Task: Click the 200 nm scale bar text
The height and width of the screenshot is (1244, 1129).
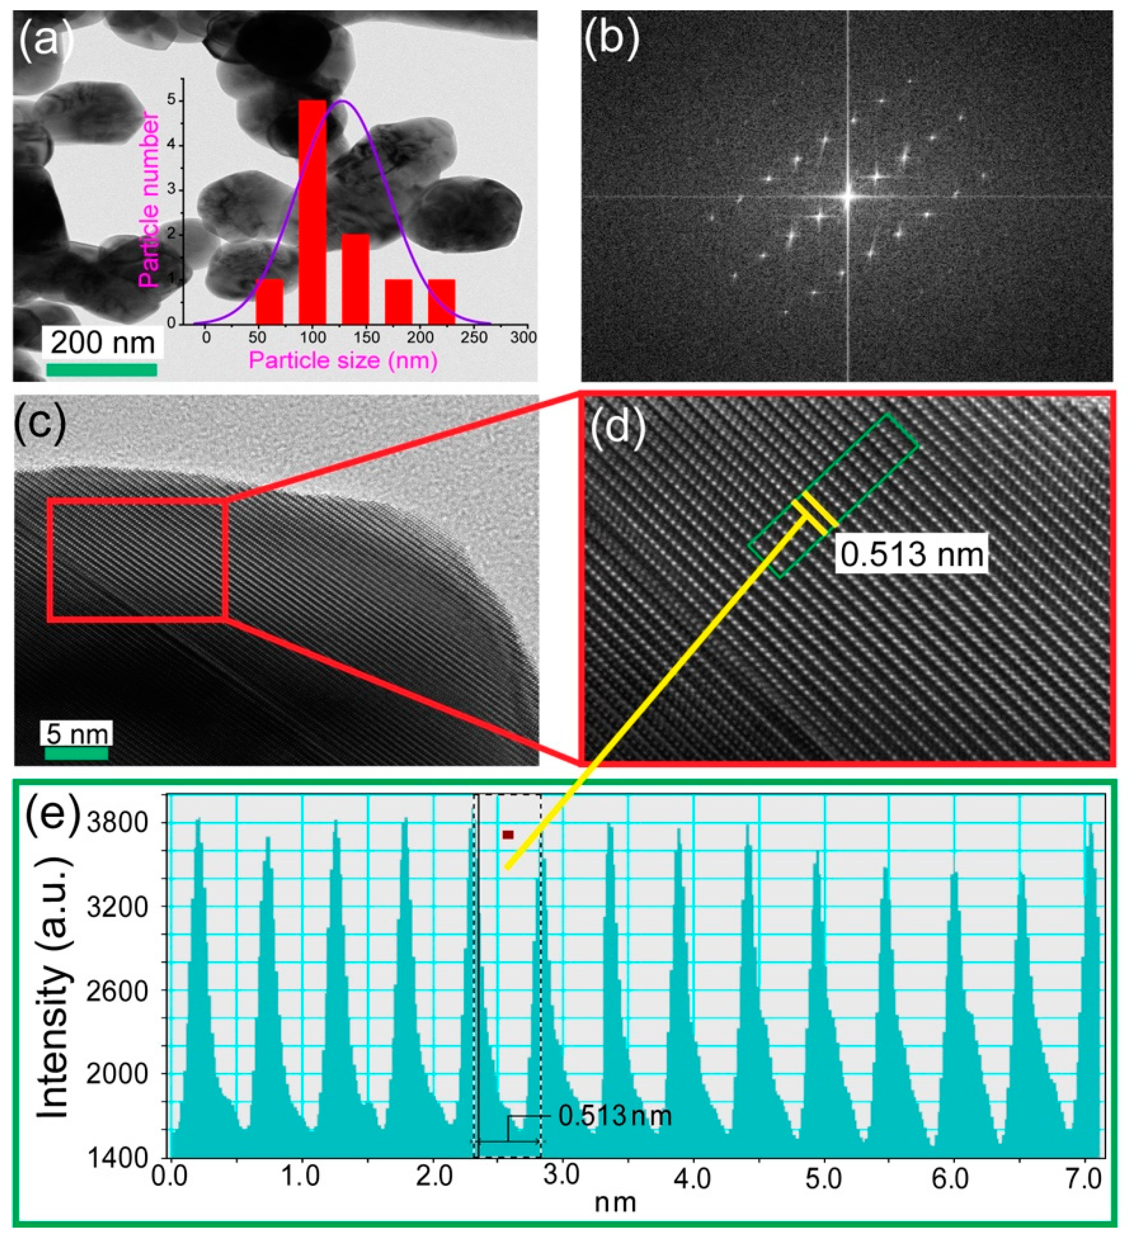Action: coord(102,342)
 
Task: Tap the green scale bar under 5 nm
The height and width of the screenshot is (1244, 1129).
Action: coord(77,753)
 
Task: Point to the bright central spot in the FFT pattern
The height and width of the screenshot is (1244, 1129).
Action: coord(848,196)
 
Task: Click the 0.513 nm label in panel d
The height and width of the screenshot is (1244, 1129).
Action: coord(912,554)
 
